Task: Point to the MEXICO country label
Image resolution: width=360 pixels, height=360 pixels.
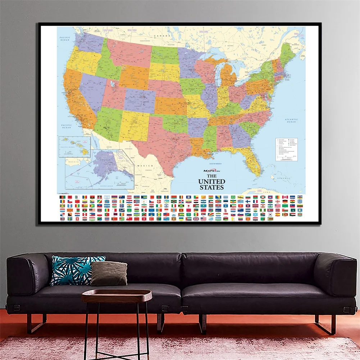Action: point(145,165)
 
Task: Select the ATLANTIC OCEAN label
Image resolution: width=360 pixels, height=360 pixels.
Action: point(291,121)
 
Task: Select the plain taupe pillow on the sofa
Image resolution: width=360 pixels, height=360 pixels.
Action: point(109,273)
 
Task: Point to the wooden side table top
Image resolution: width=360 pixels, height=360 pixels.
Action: point(116,295)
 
